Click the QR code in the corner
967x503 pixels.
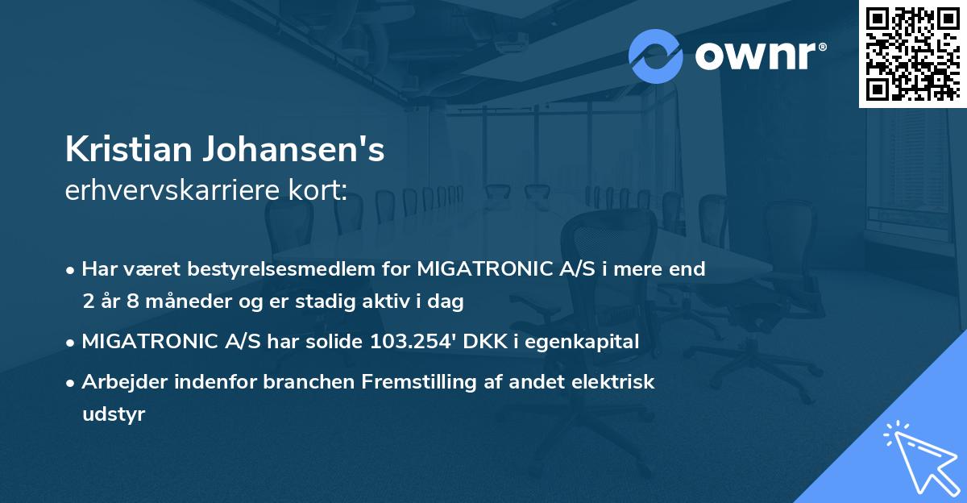click(911, 53)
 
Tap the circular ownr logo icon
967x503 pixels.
click(655, 56)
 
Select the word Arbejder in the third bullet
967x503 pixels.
click(117, 382)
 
